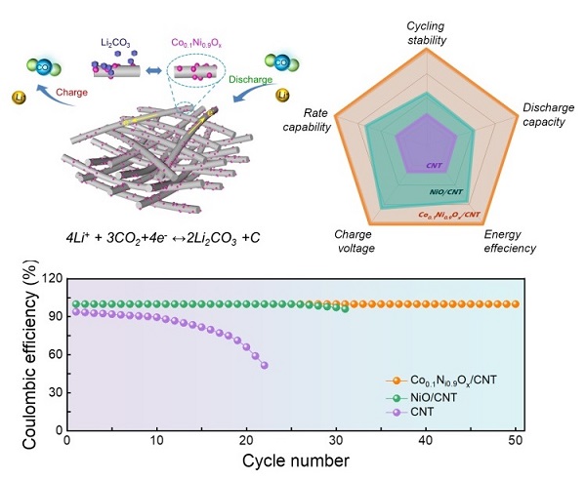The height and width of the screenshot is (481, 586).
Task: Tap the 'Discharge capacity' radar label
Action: coord(545,114)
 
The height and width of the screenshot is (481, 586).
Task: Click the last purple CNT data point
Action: coord(265,365)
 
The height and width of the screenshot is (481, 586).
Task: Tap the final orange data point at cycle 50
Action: coord(515,303)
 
